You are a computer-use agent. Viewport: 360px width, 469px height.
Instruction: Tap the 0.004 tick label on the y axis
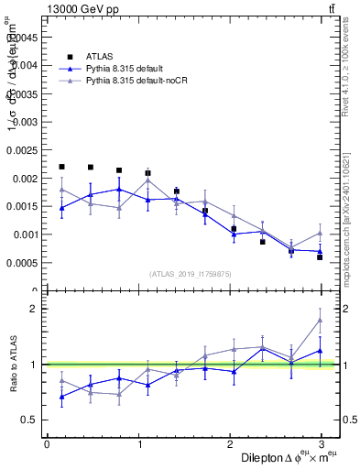pos(24,65)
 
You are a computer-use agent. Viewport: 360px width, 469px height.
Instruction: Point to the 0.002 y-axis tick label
pos(24,178)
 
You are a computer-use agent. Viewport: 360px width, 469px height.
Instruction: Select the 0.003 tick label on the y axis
pos(24,122)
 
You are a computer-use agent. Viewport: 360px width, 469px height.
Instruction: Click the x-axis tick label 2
pos(229,444)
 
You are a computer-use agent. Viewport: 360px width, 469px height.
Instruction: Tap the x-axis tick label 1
pos(138,444)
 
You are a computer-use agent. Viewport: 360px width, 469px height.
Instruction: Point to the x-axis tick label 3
pos(321,444)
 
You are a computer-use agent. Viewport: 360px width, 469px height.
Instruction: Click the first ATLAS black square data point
pos(61,167)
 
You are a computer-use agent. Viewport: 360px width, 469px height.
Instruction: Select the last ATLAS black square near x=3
pos(320,257)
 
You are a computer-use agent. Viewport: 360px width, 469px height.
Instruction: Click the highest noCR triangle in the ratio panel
pos(320,320)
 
